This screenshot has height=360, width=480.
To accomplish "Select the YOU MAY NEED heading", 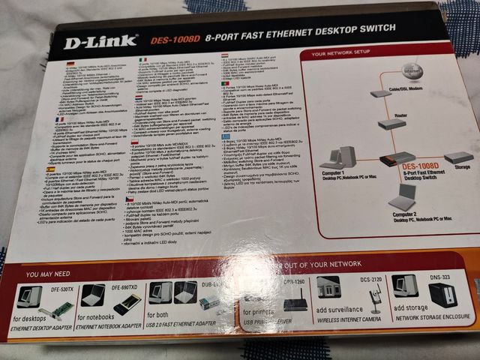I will pos(49,274).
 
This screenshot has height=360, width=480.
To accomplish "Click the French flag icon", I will pos(59,119).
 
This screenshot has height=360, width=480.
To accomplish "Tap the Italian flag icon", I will pos(144,58).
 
